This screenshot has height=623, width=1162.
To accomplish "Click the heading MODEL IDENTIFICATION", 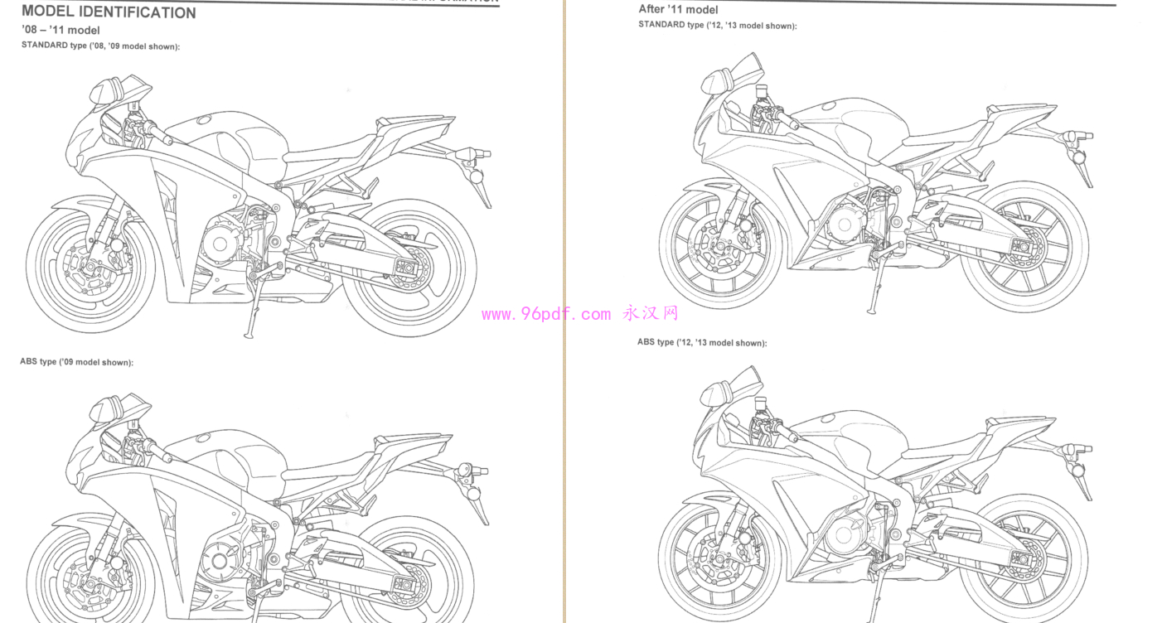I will (109, 12).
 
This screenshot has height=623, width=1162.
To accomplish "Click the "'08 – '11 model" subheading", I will (61, 31).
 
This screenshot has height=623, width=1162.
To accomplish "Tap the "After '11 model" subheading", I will (678, 9).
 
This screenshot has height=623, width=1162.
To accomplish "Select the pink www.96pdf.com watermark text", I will (545, 314).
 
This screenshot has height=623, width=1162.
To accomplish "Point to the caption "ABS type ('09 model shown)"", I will (76, 362).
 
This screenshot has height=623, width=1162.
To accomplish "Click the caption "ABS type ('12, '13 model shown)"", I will (701, 342).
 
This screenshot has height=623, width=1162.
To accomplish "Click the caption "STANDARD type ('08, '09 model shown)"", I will (100, 46).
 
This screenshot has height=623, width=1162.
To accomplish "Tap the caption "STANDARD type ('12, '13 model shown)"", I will (717, 26).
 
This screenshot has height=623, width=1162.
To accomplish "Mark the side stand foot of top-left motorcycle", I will (248, 334).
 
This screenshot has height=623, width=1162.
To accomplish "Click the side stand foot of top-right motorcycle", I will (872, 311).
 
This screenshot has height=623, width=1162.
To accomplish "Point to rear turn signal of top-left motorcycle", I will (477, 176).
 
